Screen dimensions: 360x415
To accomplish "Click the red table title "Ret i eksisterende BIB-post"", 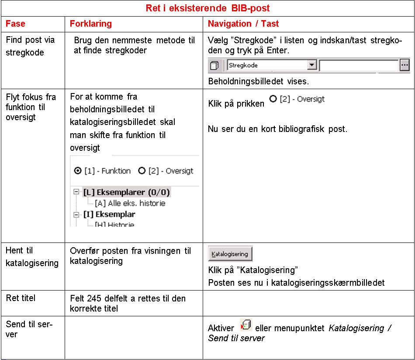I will pyautogui.click(x=207, y=8).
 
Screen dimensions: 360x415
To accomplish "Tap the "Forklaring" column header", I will pyautogui.click(x=91, y=24).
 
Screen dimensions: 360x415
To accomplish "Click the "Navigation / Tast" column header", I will pyautogui.click(x=243, y=24).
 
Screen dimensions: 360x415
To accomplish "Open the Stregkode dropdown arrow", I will pyautogui.click(x=311, y=66).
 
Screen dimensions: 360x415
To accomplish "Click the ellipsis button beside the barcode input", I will pyautogui.click(x=405, y=66).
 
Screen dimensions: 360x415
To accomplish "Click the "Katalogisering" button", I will pyautogui.click(x=230, y=254).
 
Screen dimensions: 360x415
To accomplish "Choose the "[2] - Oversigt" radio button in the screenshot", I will pyautogui.click(x=142, y=171).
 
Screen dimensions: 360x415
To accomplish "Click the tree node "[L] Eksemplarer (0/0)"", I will pyautogui.click(x=126, y=192).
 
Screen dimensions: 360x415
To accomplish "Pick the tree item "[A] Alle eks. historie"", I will pyautogui.click(x=130, y=203).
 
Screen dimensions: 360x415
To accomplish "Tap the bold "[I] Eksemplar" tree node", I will pyautogui.click(x=109, y=214).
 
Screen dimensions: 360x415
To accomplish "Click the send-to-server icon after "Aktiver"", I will pyautogui.click(x=246, y=325).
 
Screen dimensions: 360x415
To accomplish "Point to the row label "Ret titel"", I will pyautogui.click(x=21, y=298).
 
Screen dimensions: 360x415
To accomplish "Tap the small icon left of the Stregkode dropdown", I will pyautogui.click(x=214, y=66).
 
